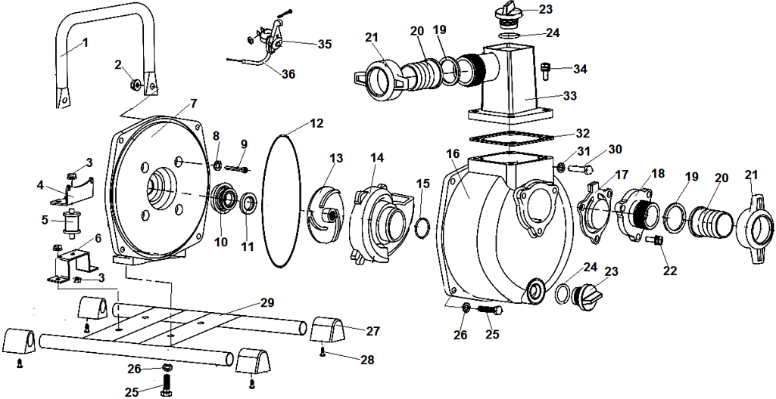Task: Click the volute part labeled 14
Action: [379, 219]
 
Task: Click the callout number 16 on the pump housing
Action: [453, 154]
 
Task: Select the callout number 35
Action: [324, 45]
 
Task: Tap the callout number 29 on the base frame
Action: [266, 302]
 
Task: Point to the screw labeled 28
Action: [324, 351]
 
